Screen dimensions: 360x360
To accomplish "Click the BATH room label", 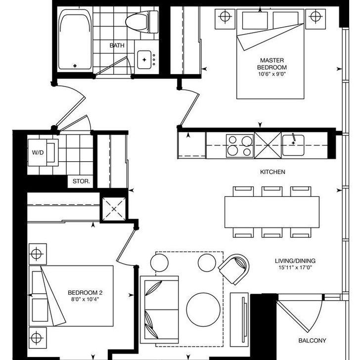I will click(117, 45).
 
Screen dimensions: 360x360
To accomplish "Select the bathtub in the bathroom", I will click(75, 41).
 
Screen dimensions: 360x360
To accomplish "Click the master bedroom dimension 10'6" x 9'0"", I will click(271, 75).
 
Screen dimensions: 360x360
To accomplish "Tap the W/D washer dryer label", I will click(38, 152).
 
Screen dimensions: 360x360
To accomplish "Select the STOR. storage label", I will click(81, 181).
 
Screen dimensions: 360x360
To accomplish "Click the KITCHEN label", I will click(272, 172).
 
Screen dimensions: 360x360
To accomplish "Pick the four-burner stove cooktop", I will click(239, 146).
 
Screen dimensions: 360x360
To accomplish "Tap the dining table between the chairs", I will click(272, 212).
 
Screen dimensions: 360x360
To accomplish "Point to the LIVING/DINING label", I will click(295, 261).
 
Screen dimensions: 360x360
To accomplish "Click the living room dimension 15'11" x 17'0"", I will click(295, 269).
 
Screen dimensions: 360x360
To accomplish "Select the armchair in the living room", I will click(233, 269).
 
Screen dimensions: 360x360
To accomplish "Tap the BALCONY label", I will click(312, 341).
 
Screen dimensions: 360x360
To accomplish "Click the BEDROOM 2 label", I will click(85, 292).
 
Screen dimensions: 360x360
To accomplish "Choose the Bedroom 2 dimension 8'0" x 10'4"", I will click(85, 299).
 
